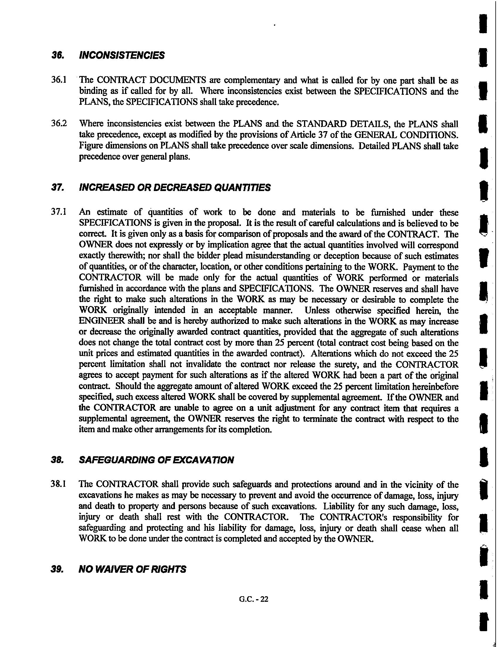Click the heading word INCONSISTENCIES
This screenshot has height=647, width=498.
[121, 55]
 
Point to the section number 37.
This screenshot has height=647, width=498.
[56, 187]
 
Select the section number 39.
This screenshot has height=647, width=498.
[56, 569]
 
